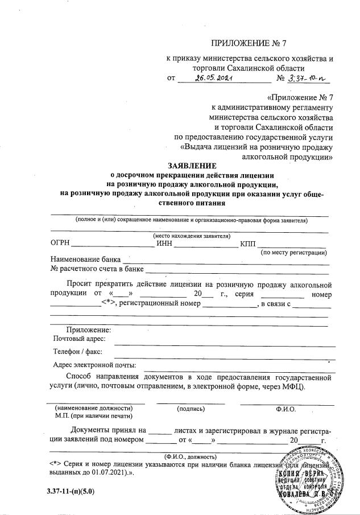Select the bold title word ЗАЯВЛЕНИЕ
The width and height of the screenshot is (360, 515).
tap(191, 166)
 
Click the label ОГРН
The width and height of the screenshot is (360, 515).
tap(60, 244)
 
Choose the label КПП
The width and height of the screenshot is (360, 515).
tap(249, 244)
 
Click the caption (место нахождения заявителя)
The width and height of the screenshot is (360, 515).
tap(191, 236)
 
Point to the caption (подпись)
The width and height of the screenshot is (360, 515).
tap(191, 408)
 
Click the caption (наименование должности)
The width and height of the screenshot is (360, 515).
tap(93, 408)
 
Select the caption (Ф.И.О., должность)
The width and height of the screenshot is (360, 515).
tap(191, 456)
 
